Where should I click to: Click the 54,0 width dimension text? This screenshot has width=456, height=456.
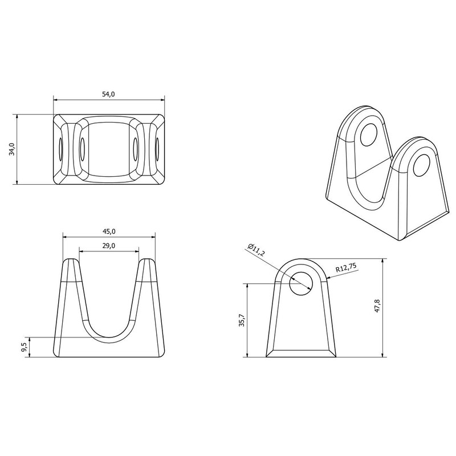108,94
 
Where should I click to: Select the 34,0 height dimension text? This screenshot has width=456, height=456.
12,149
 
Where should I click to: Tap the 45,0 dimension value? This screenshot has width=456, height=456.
109,231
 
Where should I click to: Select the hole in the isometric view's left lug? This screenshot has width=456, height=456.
370,133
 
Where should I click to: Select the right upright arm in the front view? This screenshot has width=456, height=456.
146,302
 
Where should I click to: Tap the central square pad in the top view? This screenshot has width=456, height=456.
109,149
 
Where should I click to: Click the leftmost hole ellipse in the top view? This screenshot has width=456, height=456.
60,149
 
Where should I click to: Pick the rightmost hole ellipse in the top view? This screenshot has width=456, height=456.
157,149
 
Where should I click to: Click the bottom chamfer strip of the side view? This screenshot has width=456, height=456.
300,351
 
